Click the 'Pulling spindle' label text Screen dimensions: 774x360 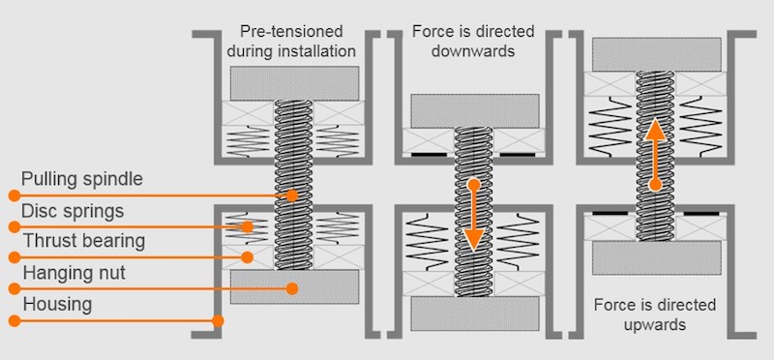pos(82,179)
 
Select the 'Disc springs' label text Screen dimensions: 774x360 pos(72,211)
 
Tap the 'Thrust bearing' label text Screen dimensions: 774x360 pos(84,241)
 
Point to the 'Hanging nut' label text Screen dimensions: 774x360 pos(74,273)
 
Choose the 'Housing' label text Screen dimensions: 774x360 pos(57,304)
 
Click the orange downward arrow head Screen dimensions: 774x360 pos(474,238)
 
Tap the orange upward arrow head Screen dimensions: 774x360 pos(656,130)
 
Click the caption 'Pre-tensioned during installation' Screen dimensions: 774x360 pos(291,41)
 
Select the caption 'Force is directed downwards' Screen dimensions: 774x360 pos(473,41)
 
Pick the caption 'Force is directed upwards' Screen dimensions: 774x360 pos(655,315)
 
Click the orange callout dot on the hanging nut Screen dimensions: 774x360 pos(292,288)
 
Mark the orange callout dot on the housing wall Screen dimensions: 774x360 pos(218,321)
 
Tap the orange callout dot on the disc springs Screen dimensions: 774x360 pos(248,227)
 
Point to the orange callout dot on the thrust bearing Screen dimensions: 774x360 pos(248,257)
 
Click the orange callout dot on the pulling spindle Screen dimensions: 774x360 pos(292,195)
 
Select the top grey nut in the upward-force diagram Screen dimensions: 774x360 pos(657,54)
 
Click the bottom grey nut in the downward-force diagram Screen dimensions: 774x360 pos(475,314)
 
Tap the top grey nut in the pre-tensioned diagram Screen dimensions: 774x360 pos(294,83)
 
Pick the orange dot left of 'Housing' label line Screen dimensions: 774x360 pos(15,321)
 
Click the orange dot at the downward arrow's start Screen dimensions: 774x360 pos(474,185)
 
